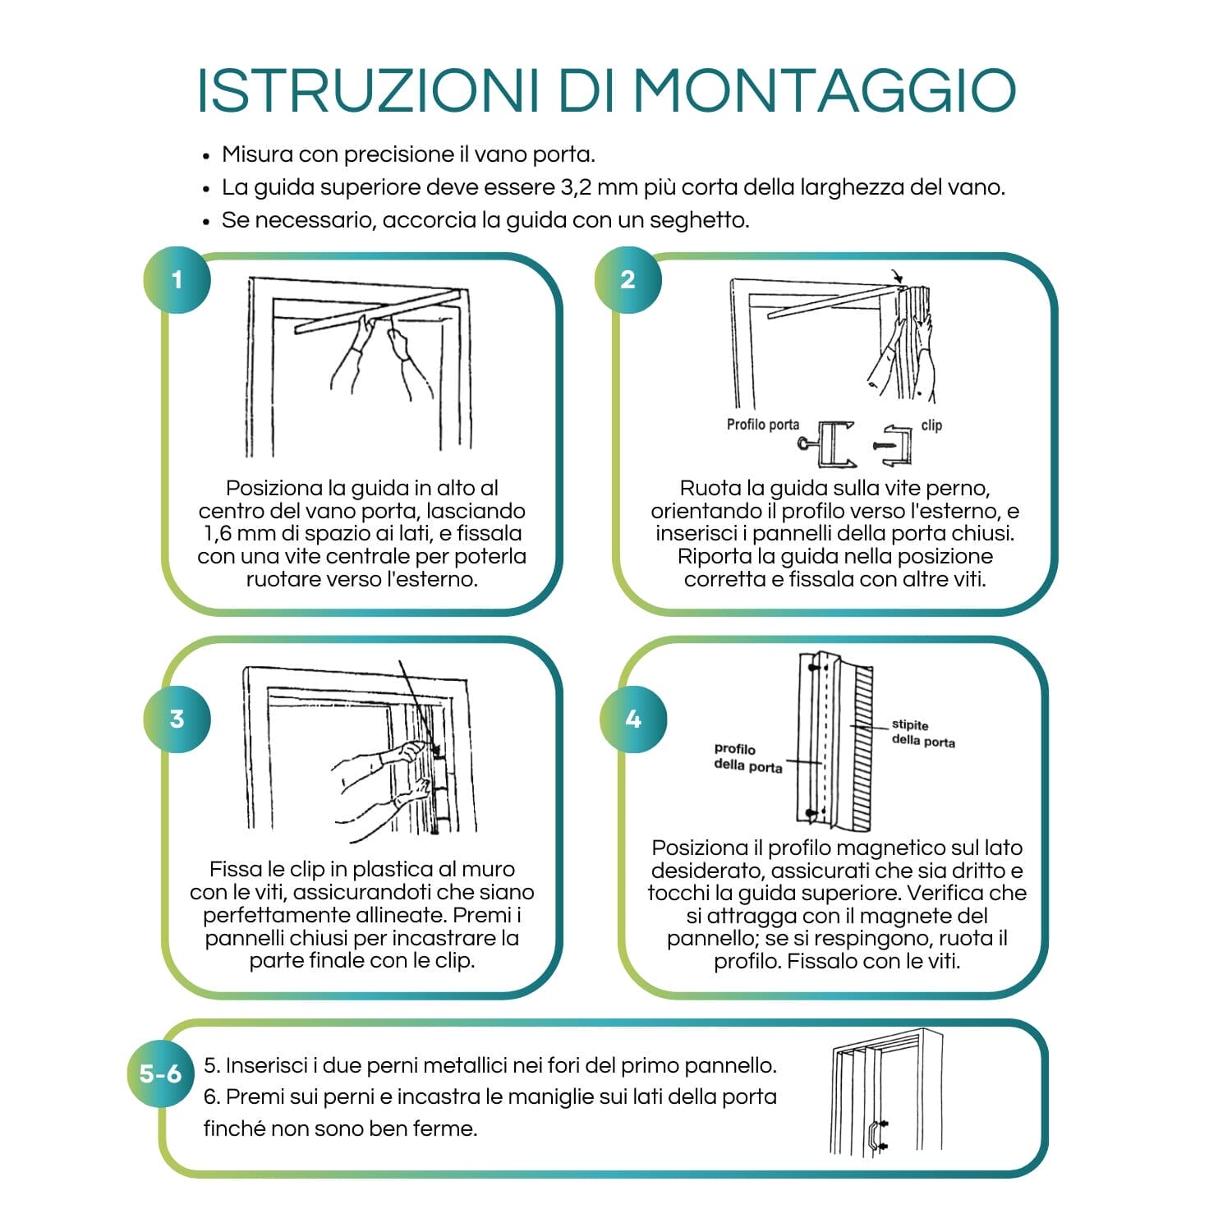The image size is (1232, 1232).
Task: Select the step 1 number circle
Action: [177, 280]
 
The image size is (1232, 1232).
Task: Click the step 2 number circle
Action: [627, 280]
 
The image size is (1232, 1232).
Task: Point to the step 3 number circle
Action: [177, 719]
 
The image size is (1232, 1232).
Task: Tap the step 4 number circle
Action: [632, 719]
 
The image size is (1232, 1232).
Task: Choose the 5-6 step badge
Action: [160, 1073]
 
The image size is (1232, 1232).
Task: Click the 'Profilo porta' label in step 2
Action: [762, 425]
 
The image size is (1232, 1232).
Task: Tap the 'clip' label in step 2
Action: [931, 425]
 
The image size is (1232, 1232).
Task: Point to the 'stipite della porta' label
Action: [922, 733]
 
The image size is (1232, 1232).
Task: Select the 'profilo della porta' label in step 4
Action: [747, 757]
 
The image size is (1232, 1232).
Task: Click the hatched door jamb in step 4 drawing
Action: [862, 747]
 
